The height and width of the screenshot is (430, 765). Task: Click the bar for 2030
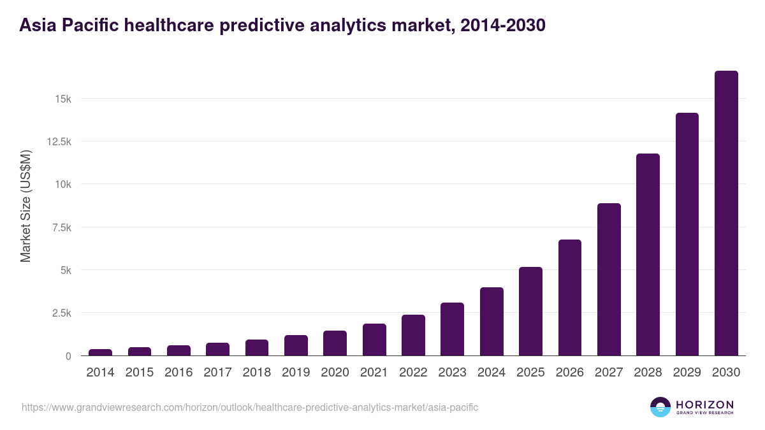pyautogui.click(x=726, y=213)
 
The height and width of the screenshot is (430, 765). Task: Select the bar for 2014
pyautogui.click(x=101, y=352)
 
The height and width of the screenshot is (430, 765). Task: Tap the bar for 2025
pyautogui.click(x=530, y=312)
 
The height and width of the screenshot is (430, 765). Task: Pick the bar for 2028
pyautogui.click(x=648, y=255)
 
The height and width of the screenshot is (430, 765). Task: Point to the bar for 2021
pyautogui.click(x=374, y=340)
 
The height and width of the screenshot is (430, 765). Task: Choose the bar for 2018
pyautogui.click(x=257, y=348)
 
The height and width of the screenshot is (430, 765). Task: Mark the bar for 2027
pyautogui.click(x=609, y=280)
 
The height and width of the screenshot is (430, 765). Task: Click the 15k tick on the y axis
pyautogui.click(x=62, y=99)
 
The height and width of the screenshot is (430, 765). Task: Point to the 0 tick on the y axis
pyautogui.click(x=67, y=356)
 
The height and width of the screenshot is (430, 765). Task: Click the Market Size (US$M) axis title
pyautogui.click(x=25, y=206)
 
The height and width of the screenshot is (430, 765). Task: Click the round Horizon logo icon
pyautogui.click(x=660, y=407)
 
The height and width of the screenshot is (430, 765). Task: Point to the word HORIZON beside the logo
pyautogui.click(x=704, y=405)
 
